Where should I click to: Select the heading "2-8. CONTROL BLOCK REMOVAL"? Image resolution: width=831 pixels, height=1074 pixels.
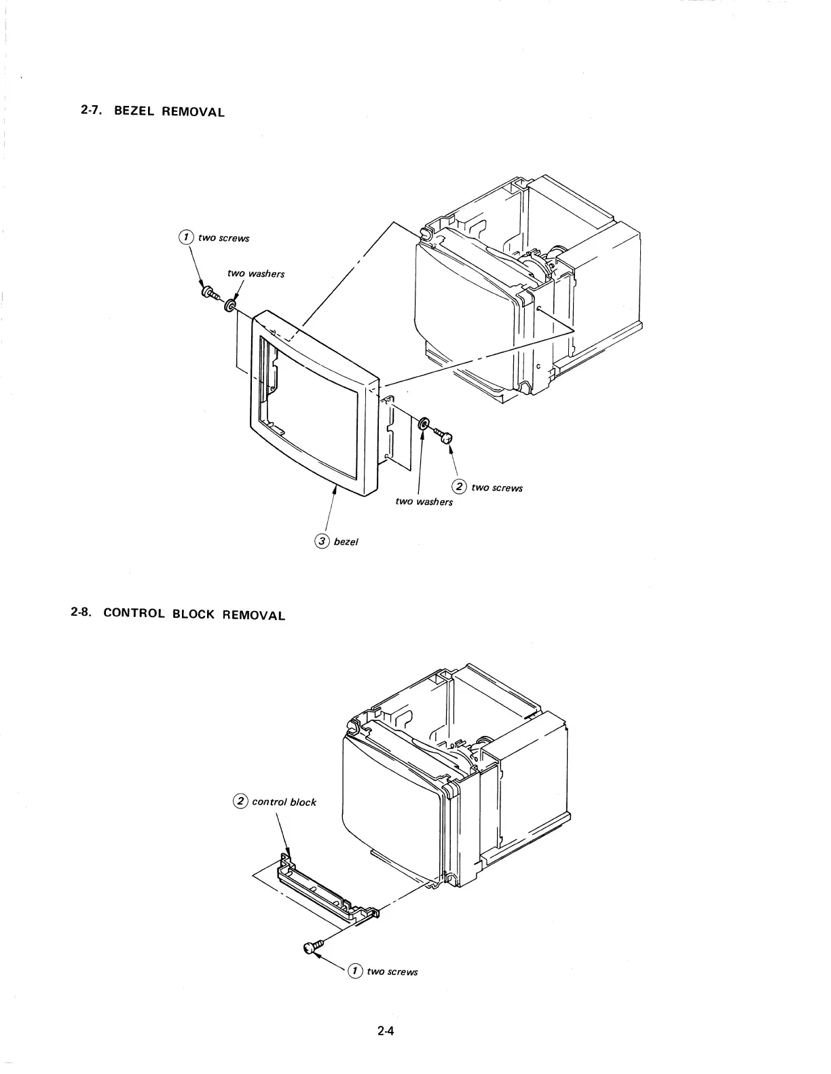pyautogui.click(x=177, y=614)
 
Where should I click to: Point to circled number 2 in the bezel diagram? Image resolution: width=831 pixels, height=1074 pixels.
pyautogui.click(x=460, y=486)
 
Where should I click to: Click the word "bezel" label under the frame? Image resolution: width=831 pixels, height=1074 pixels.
pyautogui.click(x=346, y=542)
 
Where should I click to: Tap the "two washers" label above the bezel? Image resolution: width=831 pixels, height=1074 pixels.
pyautogui.click(x=256, y=274)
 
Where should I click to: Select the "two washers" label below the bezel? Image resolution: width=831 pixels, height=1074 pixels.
pyautogui.click(x=424, y=502)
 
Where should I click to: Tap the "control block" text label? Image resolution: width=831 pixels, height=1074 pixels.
pyautogui.click(x=284, y=802)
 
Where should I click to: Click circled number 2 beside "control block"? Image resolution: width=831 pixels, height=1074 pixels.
pyautogui.click(x=240, y=801)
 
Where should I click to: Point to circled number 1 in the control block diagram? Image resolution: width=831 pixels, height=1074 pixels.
pyautogui.click(x=354, y=970)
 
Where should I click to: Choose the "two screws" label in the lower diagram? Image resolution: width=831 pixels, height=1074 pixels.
pyautogui.click(x=392, y=971)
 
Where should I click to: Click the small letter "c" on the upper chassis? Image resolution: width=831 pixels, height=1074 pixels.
pyautogui.click(x=538, y=367)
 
